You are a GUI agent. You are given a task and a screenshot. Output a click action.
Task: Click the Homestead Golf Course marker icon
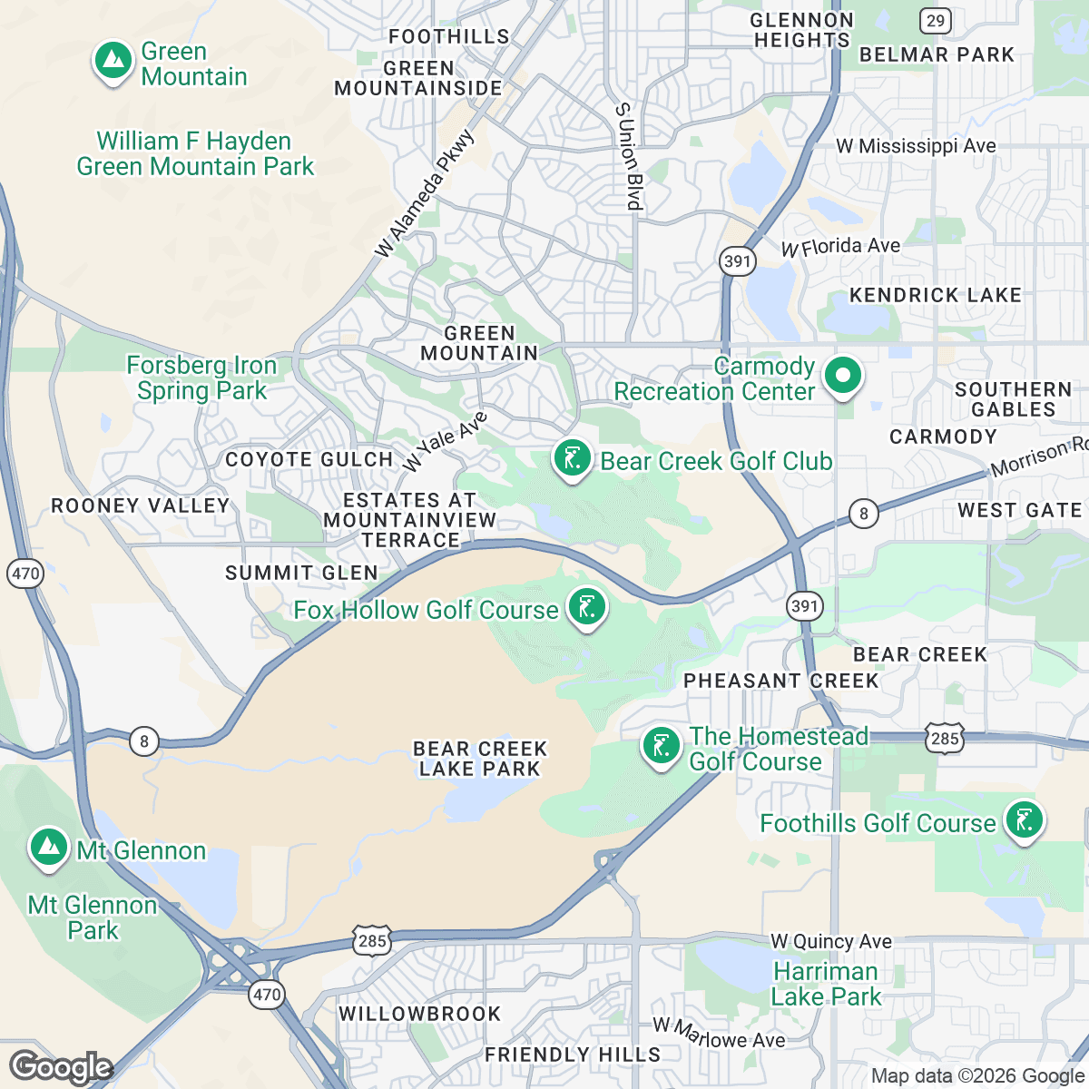tap(661, 747)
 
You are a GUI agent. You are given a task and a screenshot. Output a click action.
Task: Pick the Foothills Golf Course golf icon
tap(1024, 820)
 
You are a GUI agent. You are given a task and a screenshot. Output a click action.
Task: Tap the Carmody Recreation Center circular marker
tap(843, 376)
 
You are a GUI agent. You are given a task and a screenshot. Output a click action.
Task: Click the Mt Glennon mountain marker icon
tap(49, 848)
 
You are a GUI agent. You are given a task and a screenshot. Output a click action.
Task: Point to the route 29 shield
tap(935, 20)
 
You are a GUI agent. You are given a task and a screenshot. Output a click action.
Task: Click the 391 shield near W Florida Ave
tap(737, 261)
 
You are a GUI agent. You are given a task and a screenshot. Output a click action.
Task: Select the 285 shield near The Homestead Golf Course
tap(945, 738)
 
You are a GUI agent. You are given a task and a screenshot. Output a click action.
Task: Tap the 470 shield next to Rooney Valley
tap(25, 573)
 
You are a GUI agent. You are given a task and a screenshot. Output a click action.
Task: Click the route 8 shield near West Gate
tap(863, 514)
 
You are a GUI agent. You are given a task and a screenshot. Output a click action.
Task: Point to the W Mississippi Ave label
tap(916, 146)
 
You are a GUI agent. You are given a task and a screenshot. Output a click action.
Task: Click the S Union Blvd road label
tap(629, 156)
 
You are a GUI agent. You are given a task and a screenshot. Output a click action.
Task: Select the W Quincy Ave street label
tap(831, 942)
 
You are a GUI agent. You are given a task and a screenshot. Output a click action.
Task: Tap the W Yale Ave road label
tap(445, 442)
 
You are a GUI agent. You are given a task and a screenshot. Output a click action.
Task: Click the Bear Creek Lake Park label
tap(480, 759)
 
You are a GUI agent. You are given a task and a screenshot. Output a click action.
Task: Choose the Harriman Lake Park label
tap(825, 984)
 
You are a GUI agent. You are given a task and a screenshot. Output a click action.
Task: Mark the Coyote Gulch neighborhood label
tap(309, 459)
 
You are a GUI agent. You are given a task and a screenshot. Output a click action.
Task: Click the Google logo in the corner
tap(61, 1067)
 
